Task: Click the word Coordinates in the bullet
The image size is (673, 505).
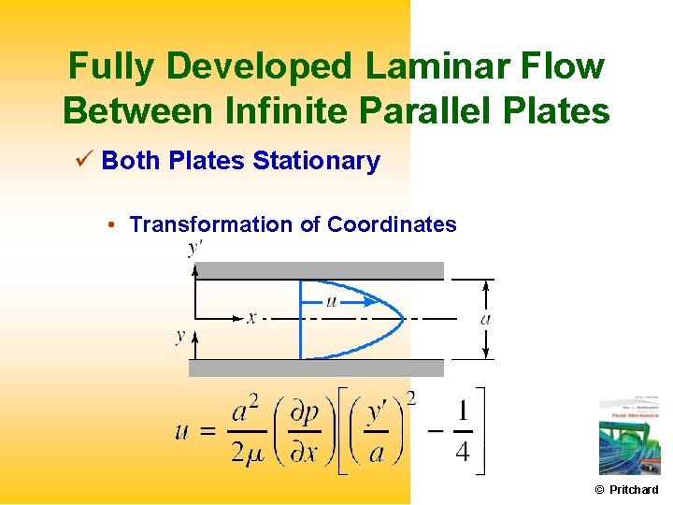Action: tap(392, 224)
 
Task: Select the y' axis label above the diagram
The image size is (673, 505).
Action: tap(195, 248)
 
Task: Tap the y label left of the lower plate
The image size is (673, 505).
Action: tap(180, 335)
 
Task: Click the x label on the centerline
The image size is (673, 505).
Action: tap(251, 318)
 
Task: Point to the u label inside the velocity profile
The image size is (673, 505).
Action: tap(331, 301)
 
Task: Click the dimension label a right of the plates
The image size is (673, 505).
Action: tap(485, 319)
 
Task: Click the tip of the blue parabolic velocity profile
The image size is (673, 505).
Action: tap(404, 319)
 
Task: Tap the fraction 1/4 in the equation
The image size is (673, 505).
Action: tap(463, 431)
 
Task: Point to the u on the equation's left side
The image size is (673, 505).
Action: tap(183, 431)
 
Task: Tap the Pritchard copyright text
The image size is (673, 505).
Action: tap(627, 490)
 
